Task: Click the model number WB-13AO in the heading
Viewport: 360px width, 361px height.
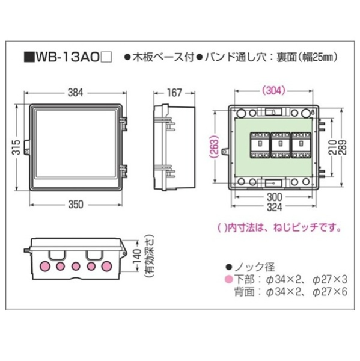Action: click(x=67, y=57)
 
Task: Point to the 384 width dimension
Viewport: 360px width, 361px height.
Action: click(x=75, y=93)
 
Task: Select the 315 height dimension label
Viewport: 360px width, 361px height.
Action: click(x=16, y=147)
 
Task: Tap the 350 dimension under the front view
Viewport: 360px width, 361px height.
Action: click(x=76, y=205)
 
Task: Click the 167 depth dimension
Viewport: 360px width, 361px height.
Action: click(x=174, y=93)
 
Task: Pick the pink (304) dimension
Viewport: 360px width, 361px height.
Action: click(x=273, y=91)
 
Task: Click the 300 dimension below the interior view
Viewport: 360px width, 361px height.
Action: click(x=274, y=197)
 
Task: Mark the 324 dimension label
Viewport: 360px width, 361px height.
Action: click(x=274, y=207)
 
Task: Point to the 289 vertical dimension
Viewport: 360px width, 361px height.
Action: click(x=342, y=147)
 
